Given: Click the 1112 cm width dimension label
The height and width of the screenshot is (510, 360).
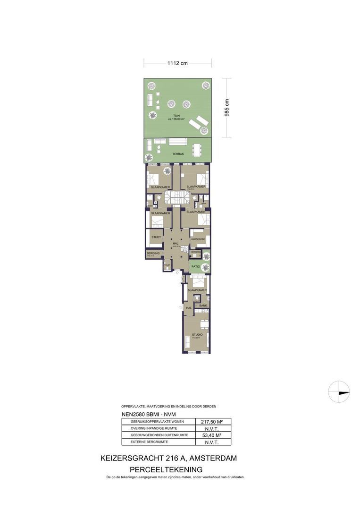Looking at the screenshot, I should coord(177,63).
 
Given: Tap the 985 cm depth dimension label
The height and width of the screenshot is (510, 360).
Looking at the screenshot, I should coord(227,108).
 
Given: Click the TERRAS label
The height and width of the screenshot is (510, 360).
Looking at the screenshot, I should coord(177,154).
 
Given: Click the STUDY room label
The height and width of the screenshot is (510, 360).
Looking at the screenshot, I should coord(156,238).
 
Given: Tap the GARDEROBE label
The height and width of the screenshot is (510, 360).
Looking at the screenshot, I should coord(198,239).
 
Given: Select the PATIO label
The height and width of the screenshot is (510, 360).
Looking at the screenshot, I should coord(195,267).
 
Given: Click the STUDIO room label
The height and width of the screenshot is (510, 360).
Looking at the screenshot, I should coord(197,335).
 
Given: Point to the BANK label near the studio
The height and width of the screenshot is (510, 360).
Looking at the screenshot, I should coord(203,306).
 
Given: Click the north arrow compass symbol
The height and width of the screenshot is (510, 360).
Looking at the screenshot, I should coord(340,391).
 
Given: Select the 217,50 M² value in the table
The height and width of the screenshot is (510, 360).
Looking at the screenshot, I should coord(213,421).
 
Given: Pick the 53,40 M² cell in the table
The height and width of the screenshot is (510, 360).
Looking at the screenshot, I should coord(213,435).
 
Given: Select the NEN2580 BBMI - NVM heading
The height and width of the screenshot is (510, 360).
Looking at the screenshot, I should coord(145,414).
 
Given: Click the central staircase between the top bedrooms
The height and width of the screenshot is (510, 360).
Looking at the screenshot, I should coord(176,197).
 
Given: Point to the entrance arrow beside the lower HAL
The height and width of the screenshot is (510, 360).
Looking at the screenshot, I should coord(180,307).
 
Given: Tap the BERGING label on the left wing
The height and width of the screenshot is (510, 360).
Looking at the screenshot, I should coord(152,254).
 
